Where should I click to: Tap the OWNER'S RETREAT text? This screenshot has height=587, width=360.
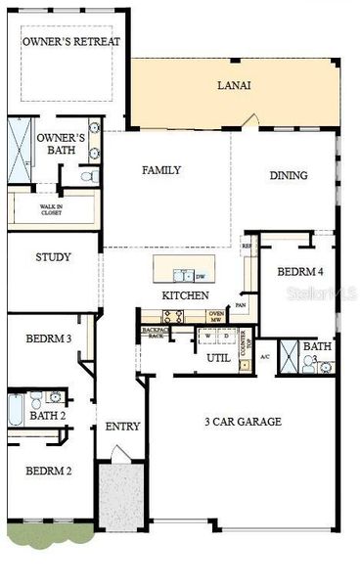(71, 42)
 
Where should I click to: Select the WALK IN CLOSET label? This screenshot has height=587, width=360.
(51, 208)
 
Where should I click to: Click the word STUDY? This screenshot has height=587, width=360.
(52, 258)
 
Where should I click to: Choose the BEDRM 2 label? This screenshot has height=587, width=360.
(48, 471)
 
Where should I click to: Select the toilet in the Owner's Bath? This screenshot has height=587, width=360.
(87, 177)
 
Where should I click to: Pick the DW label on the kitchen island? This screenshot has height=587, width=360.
(200, 276)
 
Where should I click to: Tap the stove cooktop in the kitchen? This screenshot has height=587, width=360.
(173, 316)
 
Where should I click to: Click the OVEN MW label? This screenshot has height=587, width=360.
(217, 316)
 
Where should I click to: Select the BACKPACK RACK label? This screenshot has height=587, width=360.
(154, 333)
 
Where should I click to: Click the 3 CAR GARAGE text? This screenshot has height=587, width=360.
(243, 422)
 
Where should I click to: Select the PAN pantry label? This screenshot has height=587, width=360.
(239, 305)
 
